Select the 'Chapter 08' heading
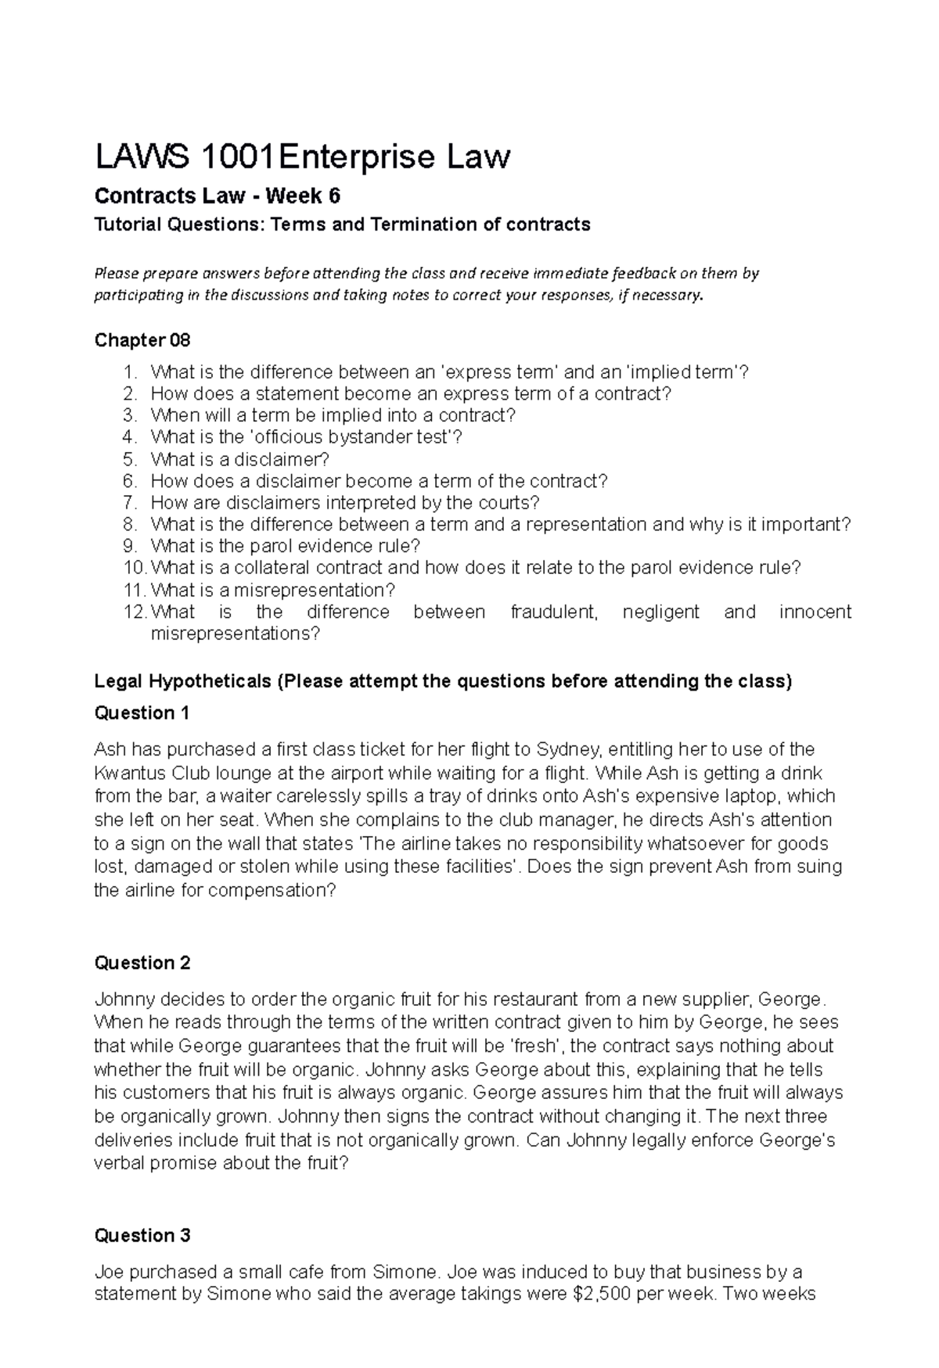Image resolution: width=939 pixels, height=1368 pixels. click(142, 340)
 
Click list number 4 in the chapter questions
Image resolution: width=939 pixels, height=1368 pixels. click(130, 437)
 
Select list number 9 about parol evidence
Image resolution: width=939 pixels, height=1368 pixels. click(130, 546)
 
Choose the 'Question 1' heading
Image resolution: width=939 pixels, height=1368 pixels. click(142, 713)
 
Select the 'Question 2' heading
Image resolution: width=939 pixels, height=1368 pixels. click(142, 963)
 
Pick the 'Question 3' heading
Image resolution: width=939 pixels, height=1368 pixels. click(142, 1236)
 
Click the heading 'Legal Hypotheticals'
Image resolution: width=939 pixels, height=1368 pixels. click(182, 681)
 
